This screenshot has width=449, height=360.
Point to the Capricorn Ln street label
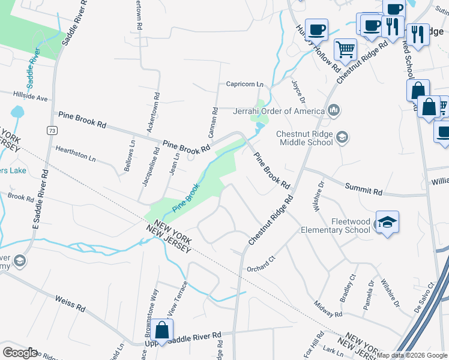click(245, 85)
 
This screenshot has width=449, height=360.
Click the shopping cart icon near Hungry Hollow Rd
click(345, 49)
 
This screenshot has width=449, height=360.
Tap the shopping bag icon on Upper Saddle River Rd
click(162, 330)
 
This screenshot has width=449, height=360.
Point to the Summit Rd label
click(364, 190)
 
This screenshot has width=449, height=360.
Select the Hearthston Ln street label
click(75, 153)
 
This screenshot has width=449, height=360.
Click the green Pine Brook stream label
click(186, 198)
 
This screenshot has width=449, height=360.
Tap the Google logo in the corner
click(19, 353)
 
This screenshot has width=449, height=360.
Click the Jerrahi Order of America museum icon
click(334, 110)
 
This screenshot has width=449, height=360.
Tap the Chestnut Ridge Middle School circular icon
click(342, 138)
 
